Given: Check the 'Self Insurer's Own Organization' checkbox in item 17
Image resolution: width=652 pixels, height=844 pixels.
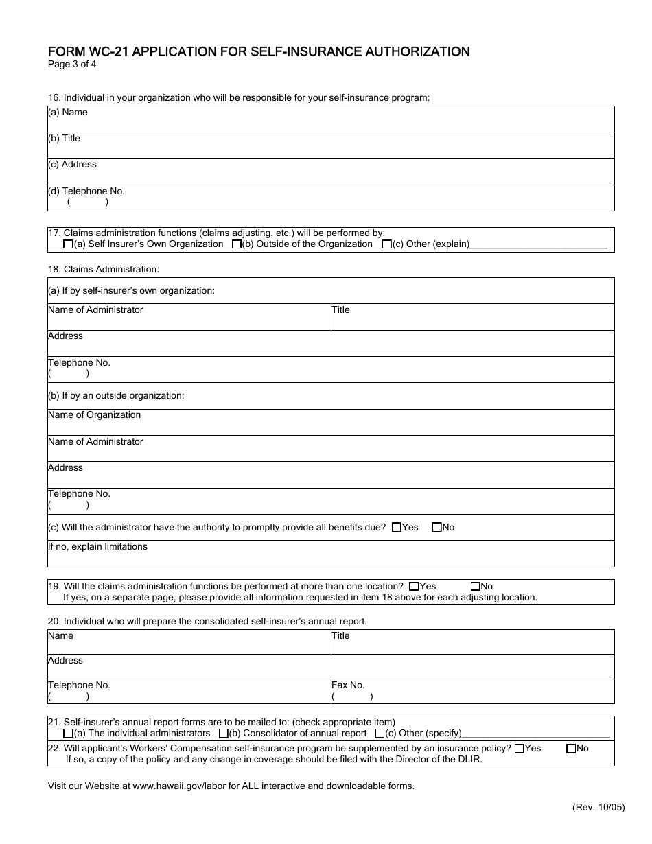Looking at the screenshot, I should click(x=68, y=244).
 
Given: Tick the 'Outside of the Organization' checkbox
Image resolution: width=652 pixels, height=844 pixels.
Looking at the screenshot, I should click(x=236, y=244).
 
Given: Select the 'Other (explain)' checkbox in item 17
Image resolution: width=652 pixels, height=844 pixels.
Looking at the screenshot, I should click(x=386, y=244).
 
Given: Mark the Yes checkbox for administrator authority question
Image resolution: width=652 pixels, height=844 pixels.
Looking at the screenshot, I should click(x=397, y=528).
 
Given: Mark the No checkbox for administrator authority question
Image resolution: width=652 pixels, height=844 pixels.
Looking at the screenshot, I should click(x=436, y=528).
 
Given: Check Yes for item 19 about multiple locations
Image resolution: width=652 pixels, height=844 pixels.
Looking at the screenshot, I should click(x=413, y=587).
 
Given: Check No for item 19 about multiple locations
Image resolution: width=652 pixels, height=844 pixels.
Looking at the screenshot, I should click(x=475, y=587).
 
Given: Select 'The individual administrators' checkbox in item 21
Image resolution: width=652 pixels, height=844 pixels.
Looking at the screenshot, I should click(x=68, y=734).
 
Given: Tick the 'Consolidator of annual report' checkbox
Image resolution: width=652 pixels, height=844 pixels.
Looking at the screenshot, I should click(x=223, y=734).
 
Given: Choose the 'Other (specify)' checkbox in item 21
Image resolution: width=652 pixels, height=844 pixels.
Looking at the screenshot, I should click(x=380, y=734).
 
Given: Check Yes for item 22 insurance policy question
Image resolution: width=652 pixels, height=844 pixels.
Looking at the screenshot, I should click(x=519, y=749).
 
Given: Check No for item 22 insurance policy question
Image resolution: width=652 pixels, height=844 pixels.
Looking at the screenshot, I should click(x=570, y=749).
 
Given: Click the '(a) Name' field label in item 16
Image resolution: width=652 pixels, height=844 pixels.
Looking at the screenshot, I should click(x=68, y=113).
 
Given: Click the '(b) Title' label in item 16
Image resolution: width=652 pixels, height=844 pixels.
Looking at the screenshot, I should click(x=64, y=139).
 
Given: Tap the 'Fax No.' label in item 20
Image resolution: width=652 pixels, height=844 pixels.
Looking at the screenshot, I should click(x=348, y=685).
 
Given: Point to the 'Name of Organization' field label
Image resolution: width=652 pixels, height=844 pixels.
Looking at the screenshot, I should click(x=94, y=415).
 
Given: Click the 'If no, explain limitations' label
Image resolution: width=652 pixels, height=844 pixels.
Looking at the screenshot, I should click(x=97, y=547).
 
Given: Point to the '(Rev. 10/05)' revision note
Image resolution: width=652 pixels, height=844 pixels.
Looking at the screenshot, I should click(x=598, y=808).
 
